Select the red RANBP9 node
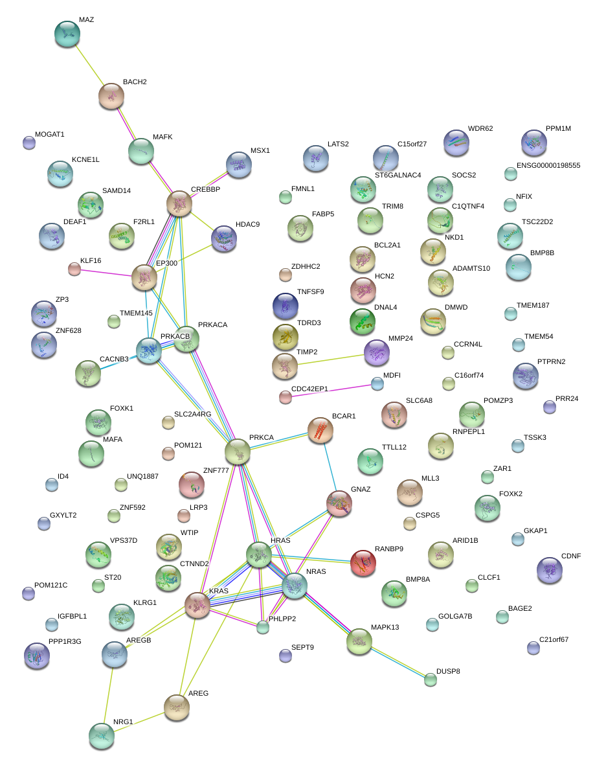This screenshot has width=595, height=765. pos(363,564)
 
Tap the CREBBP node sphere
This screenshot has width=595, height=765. pos(180,203)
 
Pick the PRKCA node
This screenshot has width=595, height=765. pos(238,451)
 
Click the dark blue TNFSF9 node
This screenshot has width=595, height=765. pos(285,306)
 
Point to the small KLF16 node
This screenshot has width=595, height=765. pos(74,269)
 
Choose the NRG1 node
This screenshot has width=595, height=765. pos(102,735)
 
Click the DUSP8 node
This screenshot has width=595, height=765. pos(431,679)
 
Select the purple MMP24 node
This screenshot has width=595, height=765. pos(376,352)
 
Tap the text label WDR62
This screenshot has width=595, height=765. pos(480,128)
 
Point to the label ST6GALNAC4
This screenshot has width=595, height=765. pos(398,175)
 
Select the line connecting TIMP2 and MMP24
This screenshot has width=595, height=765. pos(330,360)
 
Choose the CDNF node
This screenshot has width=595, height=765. pos(550,570)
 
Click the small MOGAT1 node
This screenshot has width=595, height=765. pos(29,143)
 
